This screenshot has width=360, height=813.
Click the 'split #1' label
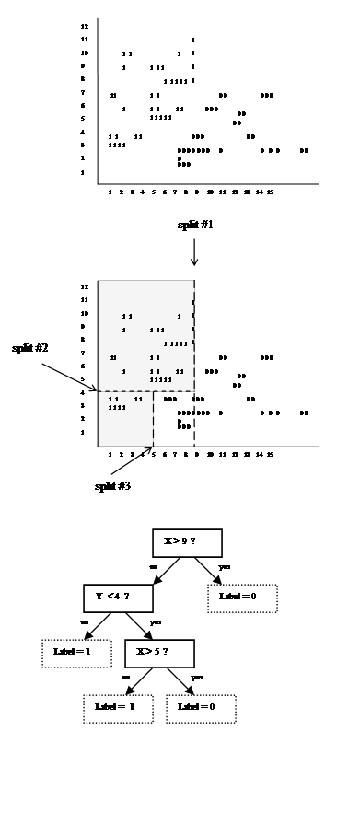(x=193, y=225)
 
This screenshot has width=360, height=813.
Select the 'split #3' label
(x=112, y=485)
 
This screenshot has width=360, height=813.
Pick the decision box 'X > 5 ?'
(x=159, y=653)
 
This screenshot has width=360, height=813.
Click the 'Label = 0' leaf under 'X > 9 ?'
(x=242, y=597)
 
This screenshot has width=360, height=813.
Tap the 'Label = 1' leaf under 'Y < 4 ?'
(x=75, y=653)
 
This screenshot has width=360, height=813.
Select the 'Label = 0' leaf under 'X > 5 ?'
(x=201, y=707)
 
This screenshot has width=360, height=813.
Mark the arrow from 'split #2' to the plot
(x=69, y=374)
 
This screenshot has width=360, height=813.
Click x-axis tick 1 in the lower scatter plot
(x=110, y=454)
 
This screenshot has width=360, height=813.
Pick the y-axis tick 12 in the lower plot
(x=84, y=287)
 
